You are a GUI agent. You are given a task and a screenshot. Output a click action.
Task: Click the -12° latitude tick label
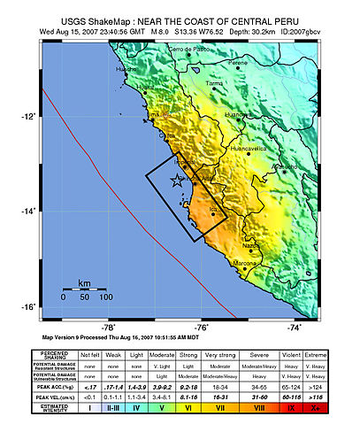coord(29,117)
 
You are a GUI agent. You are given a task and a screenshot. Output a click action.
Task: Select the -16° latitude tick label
coord(29,307)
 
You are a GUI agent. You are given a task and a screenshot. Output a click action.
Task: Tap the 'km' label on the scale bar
coord(84,283)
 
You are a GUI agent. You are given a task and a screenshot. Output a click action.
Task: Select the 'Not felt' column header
coord(90,354)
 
